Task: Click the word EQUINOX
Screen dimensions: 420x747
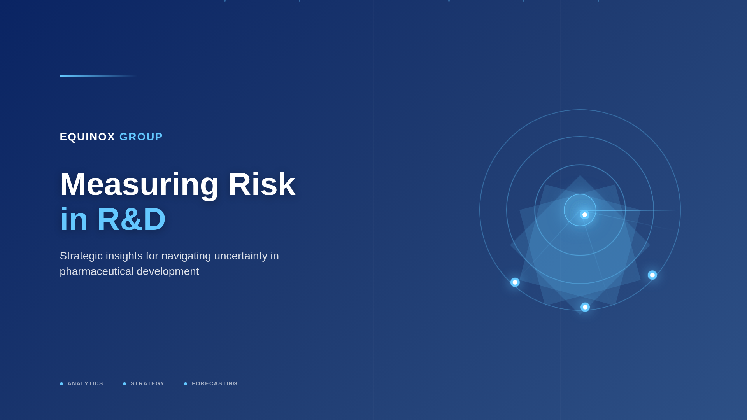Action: point(87,137)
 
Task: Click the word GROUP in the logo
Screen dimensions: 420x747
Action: point(141,137)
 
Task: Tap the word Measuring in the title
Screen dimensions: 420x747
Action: point(139,184)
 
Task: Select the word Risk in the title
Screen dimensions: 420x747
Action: point(261,184)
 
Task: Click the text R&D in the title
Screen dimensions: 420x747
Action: point(131,219)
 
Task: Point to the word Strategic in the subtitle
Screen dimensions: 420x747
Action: point(81,256)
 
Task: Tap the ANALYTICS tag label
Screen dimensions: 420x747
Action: point(85,383)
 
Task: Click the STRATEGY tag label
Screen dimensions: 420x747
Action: point(147,383)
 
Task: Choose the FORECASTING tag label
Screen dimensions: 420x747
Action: point(214,383)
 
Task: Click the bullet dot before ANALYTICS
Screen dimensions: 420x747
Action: point(61,384)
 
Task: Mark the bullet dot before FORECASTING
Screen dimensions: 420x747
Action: point(186,384)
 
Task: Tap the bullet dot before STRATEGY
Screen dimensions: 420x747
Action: point(124,384)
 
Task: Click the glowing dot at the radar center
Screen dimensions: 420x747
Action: point(584,215)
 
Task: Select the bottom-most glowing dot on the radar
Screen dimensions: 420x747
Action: point(585,307)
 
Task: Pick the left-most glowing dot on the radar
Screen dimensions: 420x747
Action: point(515,282)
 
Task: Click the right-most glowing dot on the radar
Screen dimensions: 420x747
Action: point(652,275)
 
